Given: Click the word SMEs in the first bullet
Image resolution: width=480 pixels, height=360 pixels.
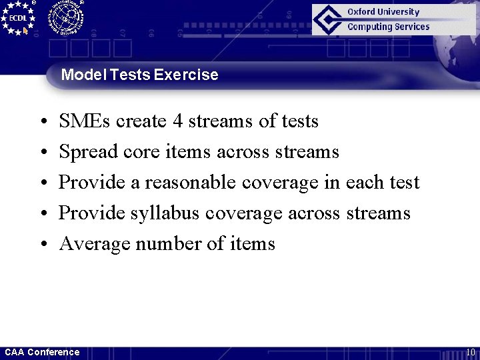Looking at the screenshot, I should point(85,121).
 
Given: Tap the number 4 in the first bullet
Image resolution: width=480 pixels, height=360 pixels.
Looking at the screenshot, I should point(177,121).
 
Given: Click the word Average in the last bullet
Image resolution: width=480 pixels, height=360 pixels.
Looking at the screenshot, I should point(94,244).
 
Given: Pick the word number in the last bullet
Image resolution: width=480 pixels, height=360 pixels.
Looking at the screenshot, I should point(168,244).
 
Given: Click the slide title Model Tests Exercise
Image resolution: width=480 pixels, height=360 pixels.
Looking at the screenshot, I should point(139,75).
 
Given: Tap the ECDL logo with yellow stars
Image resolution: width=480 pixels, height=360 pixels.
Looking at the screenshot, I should point(18,18).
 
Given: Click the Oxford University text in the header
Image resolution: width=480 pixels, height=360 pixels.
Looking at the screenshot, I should point(383,12).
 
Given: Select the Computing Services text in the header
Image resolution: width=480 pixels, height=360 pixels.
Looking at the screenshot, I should point(388,27).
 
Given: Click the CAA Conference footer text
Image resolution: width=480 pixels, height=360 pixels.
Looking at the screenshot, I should point(42,352).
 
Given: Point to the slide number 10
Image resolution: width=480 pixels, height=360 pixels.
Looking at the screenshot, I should point(470,352).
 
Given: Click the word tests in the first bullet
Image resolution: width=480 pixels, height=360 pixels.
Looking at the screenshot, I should point(300,121).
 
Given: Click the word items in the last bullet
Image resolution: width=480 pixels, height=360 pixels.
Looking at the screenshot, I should point(253,244).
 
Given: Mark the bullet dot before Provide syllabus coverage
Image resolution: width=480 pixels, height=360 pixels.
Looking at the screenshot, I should point(42,214).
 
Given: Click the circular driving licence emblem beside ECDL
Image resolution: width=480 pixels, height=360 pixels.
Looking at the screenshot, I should point(65,17).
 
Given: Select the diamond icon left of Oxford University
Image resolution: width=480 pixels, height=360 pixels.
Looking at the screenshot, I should point(328,19).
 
